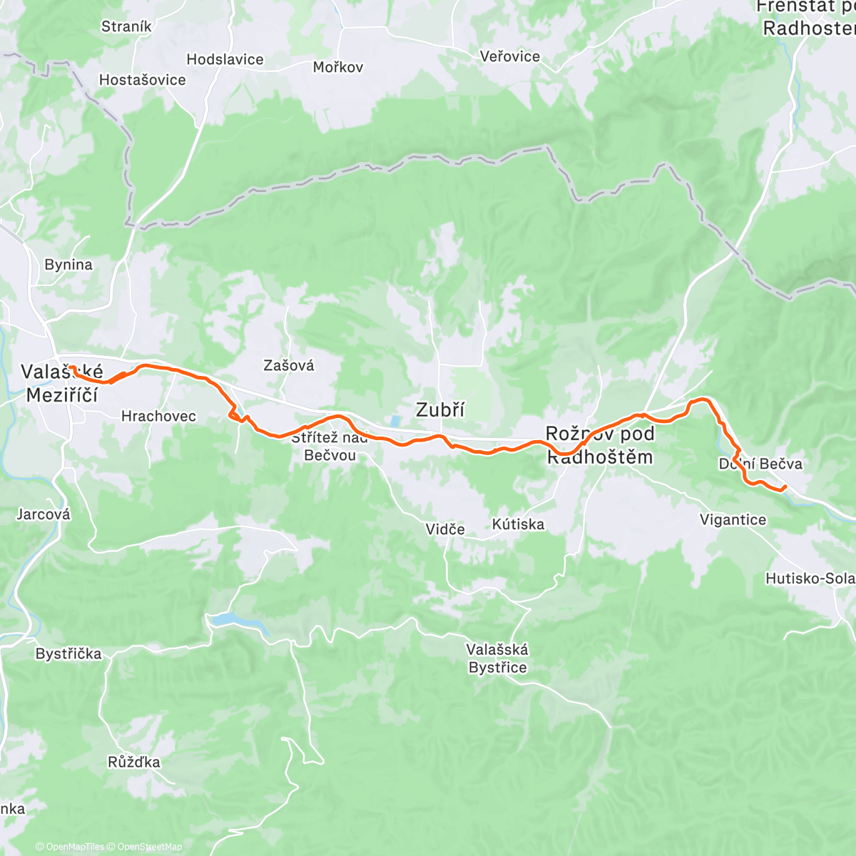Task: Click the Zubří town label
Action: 440,409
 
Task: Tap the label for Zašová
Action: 288,365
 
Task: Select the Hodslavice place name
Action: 225,59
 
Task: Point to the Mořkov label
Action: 338,67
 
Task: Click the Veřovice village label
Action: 510,56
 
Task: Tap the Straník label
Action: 126,26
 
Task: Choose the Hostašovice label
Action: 142,80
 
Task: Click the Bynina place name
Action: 68,265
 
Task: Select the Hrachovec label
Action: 158,416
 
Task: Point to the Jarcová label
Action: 44,514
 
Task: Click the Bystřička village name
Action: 68,653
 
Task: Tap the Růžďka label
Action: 134,762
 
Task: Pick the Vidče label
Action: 445,529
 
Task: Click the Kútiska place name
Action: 518,524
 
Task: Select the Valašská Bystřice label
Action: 497,658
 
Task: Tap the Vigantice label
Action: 733,519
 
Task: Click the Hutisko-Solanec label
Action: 809,579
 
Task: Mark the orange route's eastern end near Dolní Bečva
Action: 785,487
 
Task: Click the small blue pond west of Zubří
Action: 394,422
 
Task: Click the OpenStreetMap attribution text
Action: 149,847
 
